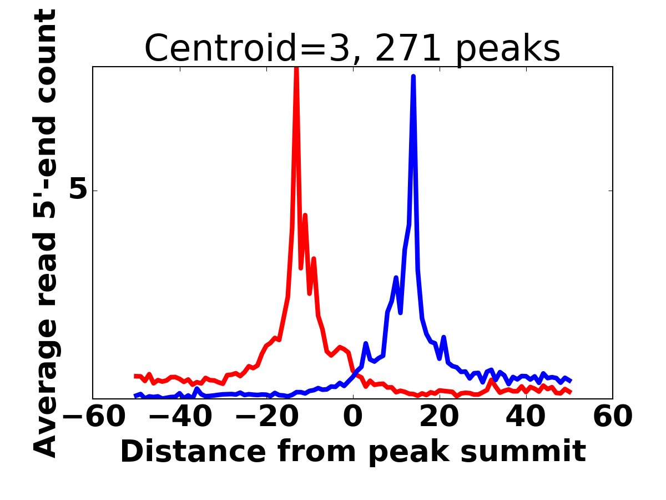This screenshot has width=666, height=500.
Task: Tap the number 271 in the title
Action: pos(408,48)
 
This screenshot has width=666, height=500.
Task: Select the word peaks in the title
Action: pos(508,50)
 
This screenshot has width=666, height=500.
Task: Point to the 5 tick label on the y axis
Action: pos(78,191)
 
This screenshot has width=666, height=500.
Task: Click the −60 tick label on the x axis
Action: pos(94,417)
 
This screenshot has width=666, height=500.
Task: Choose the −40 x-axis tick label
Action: pos(180,417)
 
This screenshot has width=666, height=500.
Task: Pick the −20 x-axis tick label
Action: pos(267,417)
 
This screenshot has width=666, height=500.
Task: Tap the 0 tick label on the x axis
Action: pos(353,417)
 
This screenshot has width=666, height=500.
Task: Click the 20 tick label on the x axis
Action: pos(440,417)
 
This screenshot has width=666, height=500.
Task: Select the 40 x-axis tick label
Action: pos(526,417)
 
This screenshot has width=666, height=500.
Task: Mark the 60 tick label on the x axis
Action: pos(613,417)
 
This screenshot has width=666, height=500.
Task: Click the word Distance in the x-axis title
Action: pos(194,452)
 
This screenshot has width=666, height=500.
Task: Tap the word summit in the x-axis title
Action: pos(523,452)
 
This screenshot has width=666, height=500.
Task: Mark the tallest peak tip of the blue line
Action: pos(413,76)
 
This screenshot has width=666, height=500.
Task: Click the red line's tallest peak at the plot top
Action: pos(296,68)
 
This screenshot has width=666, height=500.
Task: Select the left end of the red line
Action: pos(135,376)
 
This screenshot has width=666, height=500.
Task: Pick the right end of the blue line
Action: pos(571,381)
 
